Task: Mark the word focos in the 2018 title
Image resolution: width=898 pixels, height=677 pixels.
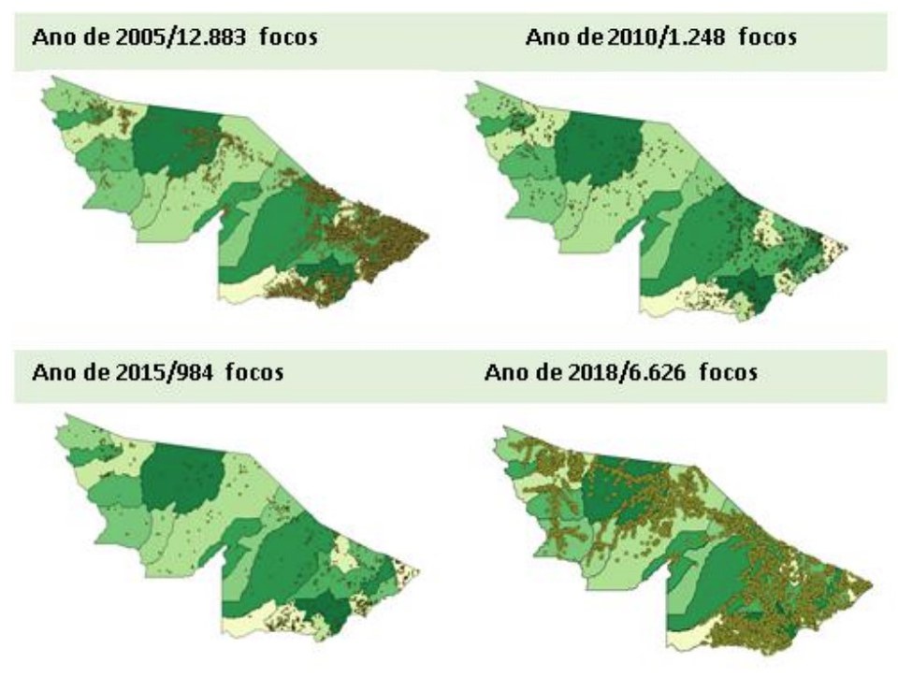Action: pyautogui.click(x=726, y=372)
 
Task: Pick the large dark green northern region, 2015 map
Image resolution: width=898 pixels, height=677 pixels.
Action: pyautogui.click(x=187, y=477)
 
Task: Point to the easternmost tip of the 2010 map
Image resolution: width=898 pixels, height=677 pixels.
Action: pyautogui.click(x=847, y=247)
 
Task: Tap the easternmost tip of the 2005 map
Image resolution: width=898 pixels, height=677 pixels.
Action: pyautogui.click(x=428, y=236)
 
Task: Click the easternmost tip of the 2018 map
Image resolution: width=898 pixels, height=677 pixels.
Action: pyautogui.click(x=873, y=587)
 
